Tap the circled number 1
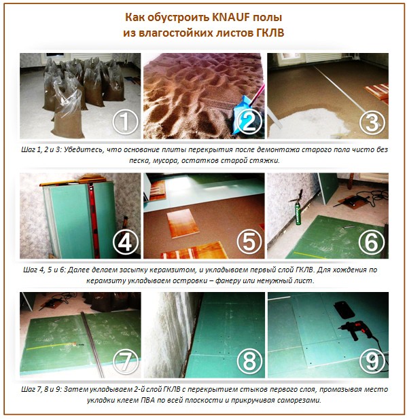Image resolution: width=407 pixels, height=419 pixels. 124,122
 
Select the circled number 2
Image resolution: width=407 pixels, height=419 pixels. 248,122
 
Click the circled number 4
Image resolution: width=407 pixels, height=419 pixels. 124,242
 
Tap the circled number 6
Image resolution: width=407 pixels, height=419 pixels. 371,242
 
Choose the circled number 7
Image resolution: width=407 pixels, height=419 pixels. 124,360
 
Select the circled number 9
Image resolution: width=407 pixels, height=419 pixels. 371,360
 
